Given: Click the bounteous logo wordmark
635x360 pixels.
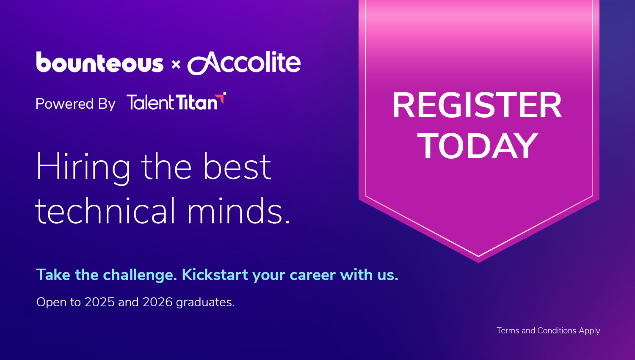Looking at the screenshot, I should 99,63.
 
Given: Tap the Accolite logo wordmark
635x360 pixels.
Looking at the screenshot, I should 244,63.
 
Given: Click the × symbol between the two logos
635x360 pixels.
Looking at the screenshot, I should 176,65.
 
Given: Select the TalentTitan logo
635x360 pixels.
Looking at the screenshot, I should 176,102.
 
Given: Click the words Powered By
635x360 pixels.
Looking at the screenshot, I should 75,104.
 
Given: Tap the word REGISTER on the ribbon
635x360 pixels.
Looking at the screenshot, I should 477,106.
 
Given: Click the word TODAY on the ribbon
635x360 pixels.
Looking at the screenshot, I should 478,146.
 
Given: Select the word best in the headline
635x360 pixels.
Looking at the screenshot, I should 237,167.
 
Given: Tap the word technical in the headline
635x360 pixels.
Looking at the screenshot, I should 105,211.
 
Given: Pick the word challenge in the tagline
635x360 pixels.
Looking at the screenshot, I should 140,275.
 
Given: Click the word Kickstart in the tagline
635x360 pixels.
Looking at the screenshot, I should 215,275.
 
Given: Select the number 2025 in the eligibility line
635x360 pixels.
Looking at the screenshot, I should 99,302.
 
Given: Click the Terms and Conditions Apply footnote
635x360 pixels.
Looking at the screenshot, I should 548,331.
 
